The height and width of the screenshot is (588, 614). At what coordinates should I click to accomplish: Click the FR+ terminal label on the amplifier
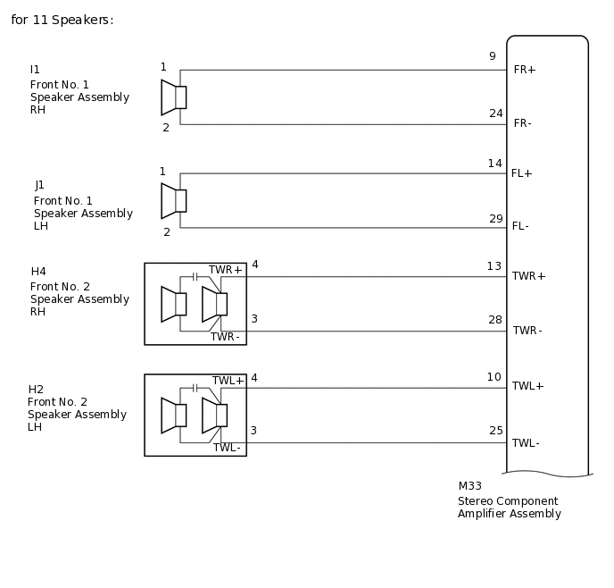click(x=525, y=70)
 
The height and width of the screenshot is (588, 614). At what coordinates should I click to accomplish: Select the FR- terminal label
click(x=523, y=123)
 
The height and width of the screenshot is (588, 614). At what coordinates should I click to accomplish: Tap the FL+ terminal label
click(x=521, y=173)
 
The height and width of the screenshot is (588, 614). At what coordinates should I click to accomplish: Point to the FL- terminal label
click(x=520, y=227)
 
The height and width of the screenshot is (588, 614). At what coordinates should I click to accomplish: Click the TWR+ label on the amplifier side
click(x=528, y=276)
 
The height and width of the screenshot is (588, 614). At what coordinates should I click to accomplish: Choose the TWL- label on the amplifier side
click(x=526, y=443)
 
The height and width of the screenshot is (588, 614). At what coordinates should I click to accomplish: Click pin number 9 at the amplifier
click(x=492, y=56)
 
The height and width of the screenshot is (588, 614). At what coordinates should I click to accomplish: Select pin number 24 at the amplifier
click(x=495, y=113)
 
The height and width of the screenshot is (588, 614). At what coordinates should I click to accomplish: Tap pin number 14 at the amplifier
click(x=494, y=164)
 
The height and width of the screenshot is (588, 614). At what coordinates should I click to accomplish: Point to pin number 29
click(x=495, y=219)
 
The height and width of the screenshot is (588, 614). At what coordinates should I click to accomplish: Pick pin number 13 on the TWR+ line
click(x=494, y=266)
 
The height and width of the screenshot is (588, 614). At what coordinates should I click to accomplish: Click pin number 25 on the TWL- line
click(x=495, y=431)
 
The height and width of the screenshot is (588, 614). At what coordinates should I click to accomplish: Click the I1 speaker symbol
click(x=173, y=97)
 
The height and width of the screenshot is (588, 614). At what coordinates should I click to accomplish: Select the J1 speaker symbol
click(x=173, y=201)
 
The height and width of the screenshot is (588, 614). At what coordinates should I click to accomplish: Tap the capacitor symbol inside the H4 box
click(x=195, y=277)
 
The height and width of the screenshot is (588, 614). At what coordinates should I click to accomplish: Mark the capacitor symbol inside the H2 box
click(x=195, y=389)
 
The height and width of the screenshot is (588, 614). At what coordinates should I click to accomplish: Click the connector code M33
click(x=469, y=487)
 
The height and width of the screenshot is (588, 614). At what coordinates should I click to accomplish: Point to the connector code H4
click(x=38, y=272)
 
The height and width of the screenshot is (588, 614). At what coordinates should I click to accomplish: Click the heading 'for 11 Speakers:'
click(x=62, y=20)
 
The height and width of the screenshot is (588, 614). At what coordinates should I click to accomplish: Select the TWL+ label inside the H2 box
click(x=228, y=381)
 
